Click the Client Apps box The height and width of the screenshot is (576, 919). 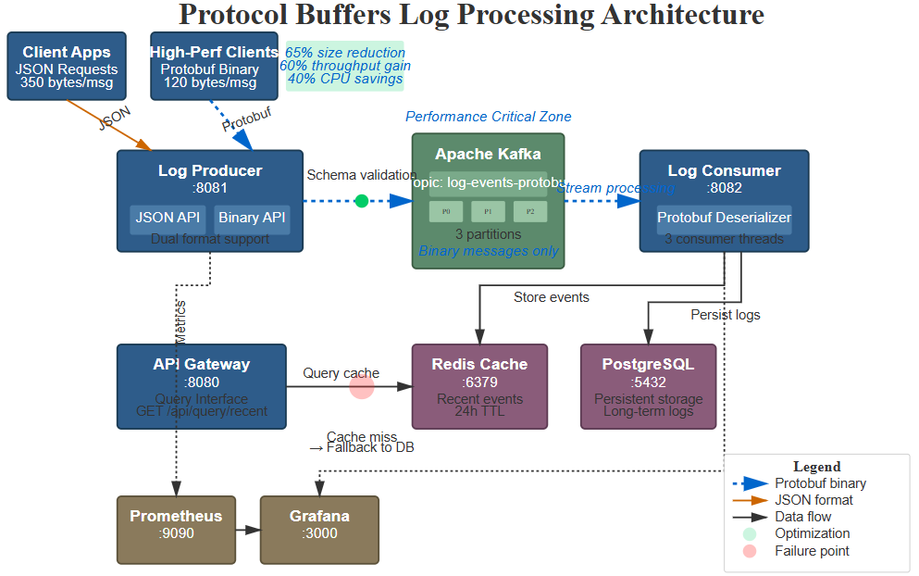[67, 67]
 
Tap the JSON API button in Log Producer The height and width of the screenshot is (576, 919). [168, 219]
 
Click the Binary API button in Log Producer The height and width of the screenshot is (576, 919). [252, 219]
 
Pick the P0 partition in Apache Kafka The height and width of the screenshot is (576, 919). [446, 212]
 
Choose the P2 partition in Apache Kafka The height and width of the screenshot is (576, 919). [530, 212]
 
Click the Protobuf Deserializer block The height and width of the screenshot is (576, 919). [724, 219]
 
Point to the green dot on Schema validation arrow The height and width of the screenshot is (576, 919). [361, 201]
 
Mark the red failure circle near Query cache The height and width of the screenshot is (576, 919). [361, 387]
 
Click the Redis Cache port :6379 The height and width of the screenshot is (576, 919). [479, 382]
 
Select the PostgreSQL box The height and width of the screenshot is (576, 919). [648, 386]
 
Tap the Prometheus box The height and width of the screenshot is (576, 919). [176, 530]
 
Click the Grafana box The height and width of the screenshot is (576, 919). [319, 530]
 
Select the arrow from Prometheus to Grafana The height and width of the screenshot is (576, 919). [248, 530]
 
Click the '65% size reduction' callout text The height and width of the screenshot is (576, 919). [345, 53]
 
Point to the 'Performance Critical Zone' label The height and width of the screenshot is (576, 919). [488, 117]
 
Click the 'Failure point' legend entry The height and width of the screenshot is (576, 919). [812, 551]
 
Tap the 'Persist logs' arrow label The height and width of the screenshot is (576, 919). [725, 315]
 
